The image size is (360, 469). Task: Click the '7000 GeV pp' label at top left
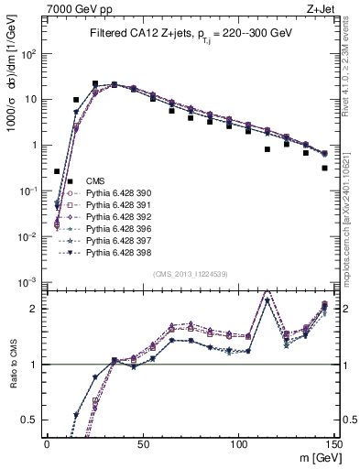click(x=73, y=7)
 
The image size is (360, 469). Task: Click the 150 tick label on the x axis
click(x=334, y=443)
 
